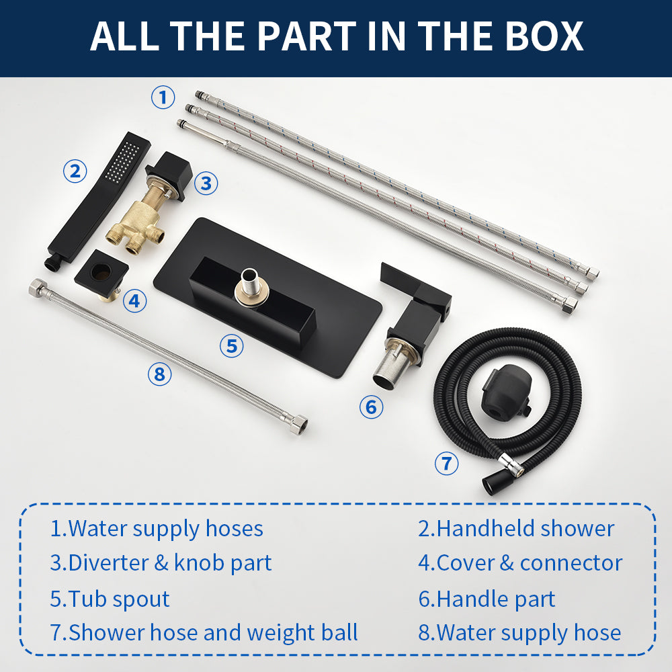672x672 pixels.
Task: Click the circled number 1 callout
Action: tap(163, 97)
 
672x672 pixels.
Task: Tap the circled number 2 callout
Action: tap(75, 171)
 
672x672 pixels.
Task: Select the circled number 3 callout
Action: tap(206, 183)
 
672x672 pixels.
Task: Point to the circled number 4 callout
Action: tap(134, 300)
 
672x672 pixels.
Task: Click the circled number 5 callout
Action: tap(231, 345)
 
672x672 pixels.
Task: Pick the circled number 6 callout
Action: tap(371, 407)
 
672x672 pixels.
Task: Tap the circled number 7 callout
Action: tap(447, 463)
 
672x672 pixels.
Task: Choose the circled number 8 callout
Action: tap(159, 374)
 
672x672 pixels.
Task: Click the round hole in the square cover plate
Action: tap(101, 271)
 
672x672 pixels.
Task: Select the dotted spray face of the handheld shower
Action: tap(122, 161)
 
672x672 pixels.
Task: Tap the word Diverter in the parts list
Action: tap(108, 562)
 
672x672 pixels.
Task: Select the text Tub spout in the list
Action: tap(110, 599)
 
